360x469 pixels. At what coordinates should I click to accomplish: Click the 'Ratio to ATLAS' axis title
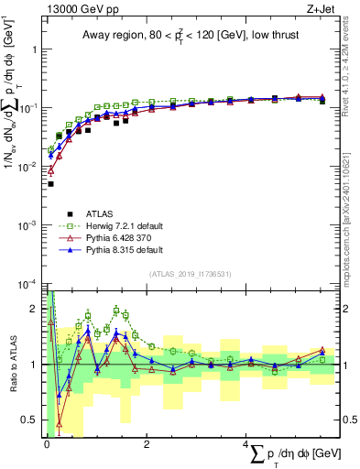pos(10,365)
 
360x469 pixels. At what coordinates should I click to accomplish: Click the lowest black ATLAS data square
pos(50,184)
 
